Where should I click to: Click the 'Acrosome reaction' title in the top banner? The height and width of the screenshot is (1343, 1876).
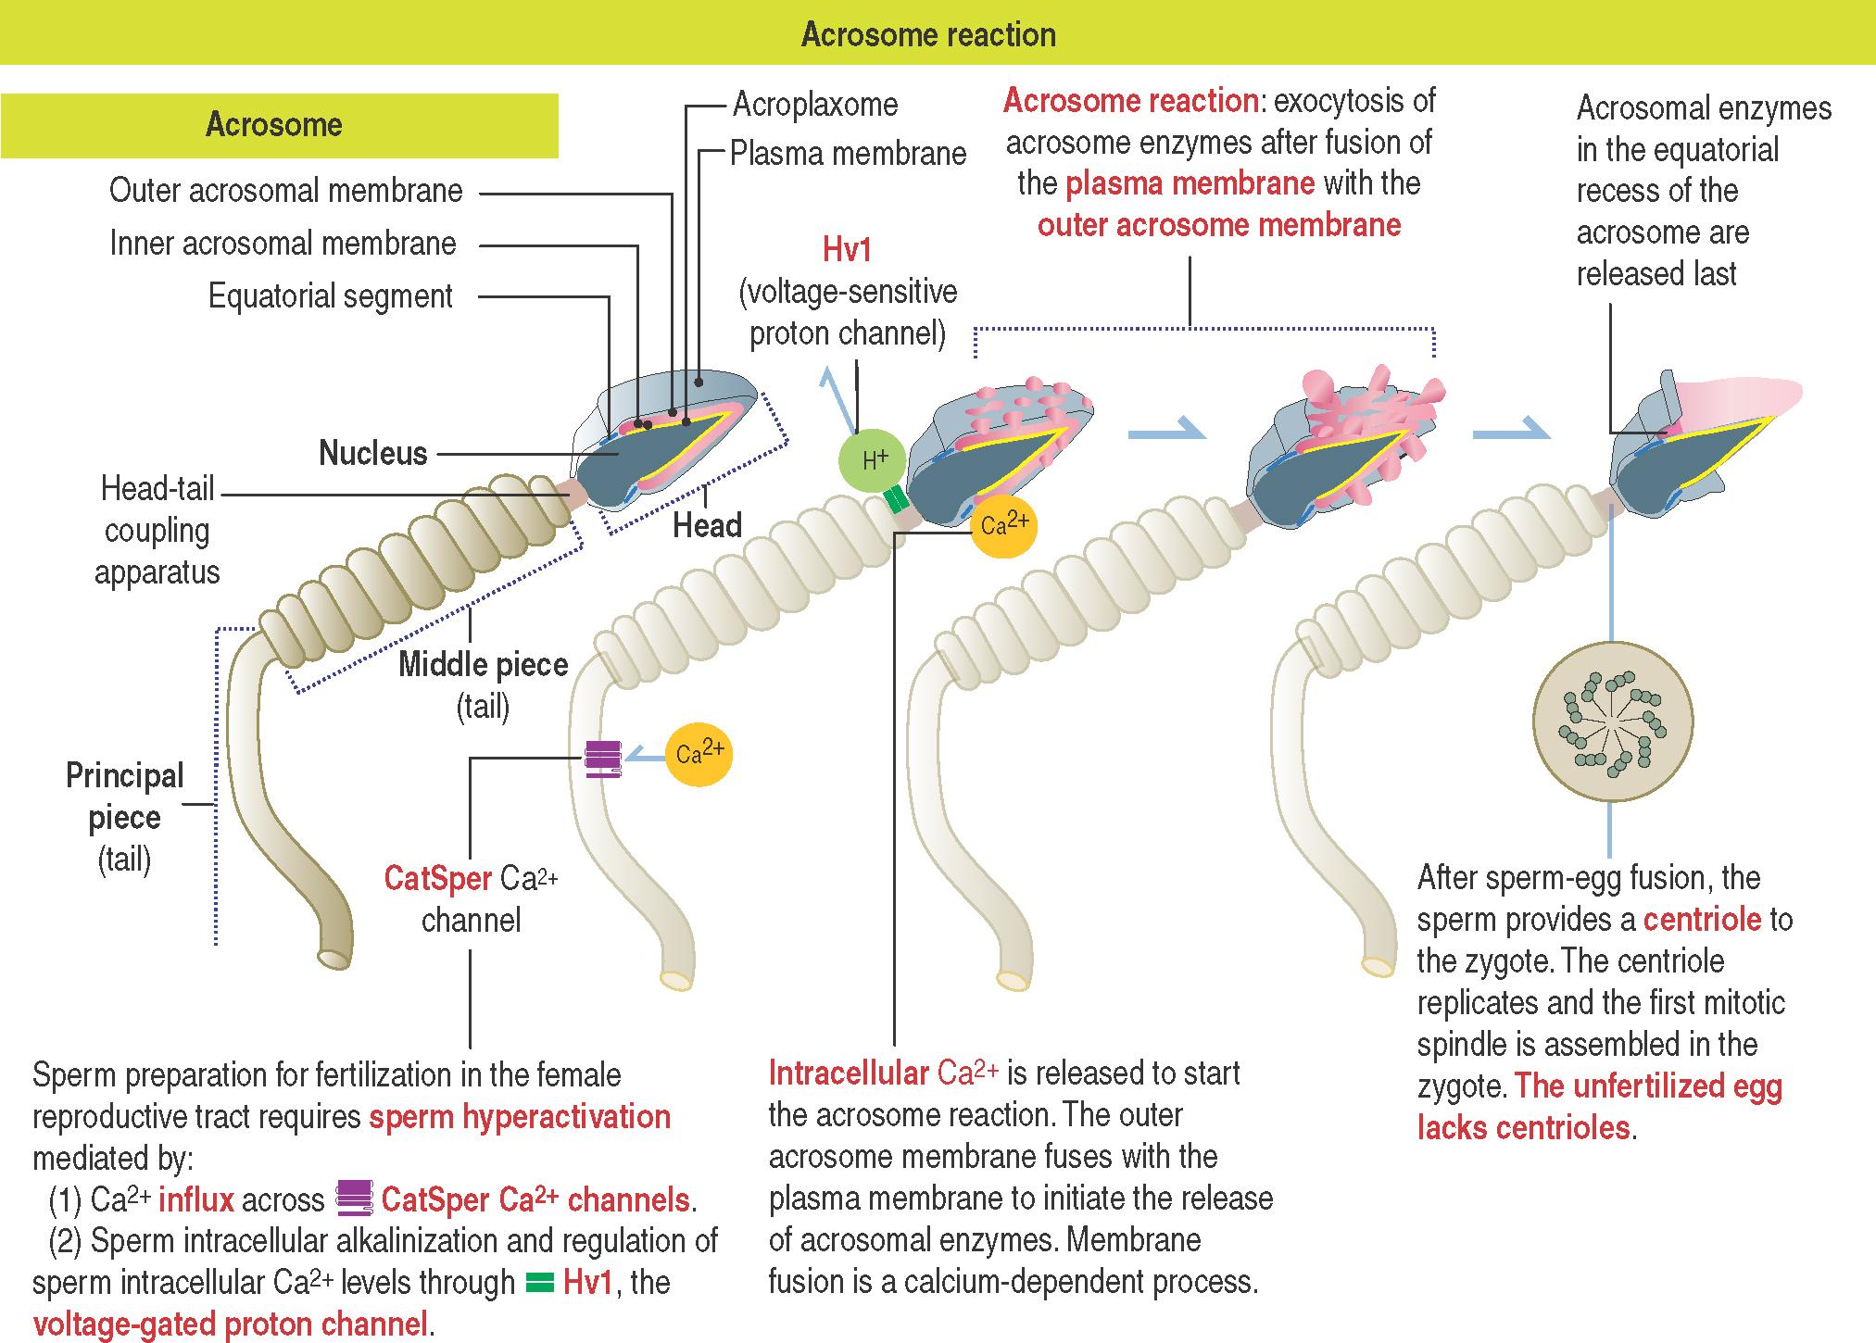(x=928, y=34)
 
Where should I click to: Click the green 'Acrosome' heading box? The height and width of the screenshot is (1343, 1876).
(x=274, y=125)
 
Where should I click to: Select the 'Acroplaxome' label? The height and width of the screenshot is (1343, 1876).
(x=815, y=104)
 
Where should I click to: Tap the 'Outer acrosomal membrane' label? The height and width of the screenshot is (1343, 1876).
(x=285, y=191)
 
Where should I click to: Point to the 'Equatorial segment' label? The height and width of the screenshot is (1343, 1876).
(x=330, y=296)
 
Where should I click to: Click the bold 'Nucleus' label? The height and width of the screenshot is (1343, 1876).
(x=373, y=453)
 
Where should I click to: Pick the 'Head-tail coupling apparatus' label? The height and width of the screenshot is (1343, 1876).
(x=157, y=530)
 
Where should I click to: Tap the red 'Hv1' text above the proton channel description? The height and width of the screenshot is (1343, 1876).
(x=847, y=249)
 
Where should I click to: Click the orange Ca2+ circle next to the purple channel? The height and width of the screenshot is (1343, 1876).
(x=699, y=755)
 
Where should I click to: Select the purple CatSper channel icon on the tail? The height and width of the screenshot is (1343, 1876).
(x=603, y=759)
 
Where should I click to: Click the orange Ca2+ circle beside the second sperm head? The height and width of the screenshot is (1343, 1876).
(x=1004, y=525)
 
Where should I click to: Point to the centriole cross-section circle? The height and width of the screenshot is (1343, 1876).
(x=1613, y=721)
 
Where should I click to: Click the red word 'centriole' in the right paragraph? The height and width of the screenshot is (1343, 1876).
(x=1701, y=919)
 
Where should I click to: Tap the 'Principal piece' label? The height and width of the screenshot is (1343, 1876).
(x=124, y=797)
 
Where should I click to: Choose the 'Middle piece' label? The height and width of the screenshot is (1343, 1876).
(x=483, y=665)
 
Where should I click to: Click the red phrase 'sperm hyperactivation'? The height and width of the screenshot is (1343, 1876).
(x=519, y=1117)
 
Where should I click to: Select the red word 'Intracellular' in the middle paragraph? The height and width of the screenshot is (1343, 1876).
(x=849, y=1073)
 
